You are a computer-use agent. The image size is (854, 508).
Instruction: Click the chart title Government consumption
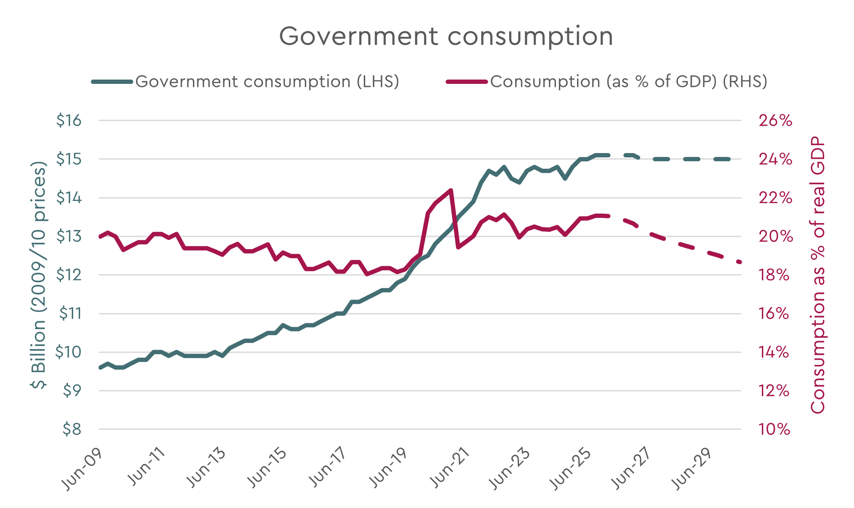(x=446, y=36)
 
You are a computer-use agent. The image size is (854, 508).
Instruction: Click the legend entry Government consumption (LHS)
(x=267, y=81)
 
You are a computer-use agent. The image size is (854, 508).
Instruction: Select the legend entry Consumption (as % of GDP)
(x=628, y=81)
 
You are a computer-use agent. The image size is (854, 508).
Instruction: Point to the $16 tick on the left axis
(x=69, y=120)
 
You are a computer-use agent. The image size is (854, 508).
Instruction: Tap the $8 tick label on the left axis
(x=72, y=429)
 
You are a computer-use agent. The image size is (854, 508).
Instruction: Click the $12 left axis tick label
(x=69, y=275)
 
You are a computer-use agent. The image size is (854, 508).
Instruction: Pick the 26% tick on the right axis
(x=775, y=120)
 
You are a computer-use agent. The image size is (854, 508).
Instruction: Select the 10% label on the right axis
(x=774, y=429)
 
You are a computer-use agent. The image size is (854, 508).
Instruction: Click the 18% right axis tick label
(x=774, y=275)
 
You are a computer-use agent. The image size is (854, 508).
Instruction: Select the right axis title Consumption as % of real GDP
(x=818, y=275)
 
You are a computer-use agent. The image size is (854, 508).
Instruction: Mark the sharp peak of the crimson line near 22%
(x=451, y=190)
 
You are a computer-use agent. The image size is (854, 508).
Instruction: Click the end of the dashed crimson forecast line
(x=740, y=262)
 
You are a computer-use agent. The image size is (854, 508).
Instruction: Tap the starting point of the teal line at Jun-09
(x=100, y=367)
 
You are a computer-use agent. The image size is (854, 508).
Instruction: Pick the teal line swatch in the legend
(x=112, y=81)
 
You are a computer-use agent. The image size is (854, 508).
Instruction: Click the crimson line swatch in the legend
(x=467, y=81)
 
